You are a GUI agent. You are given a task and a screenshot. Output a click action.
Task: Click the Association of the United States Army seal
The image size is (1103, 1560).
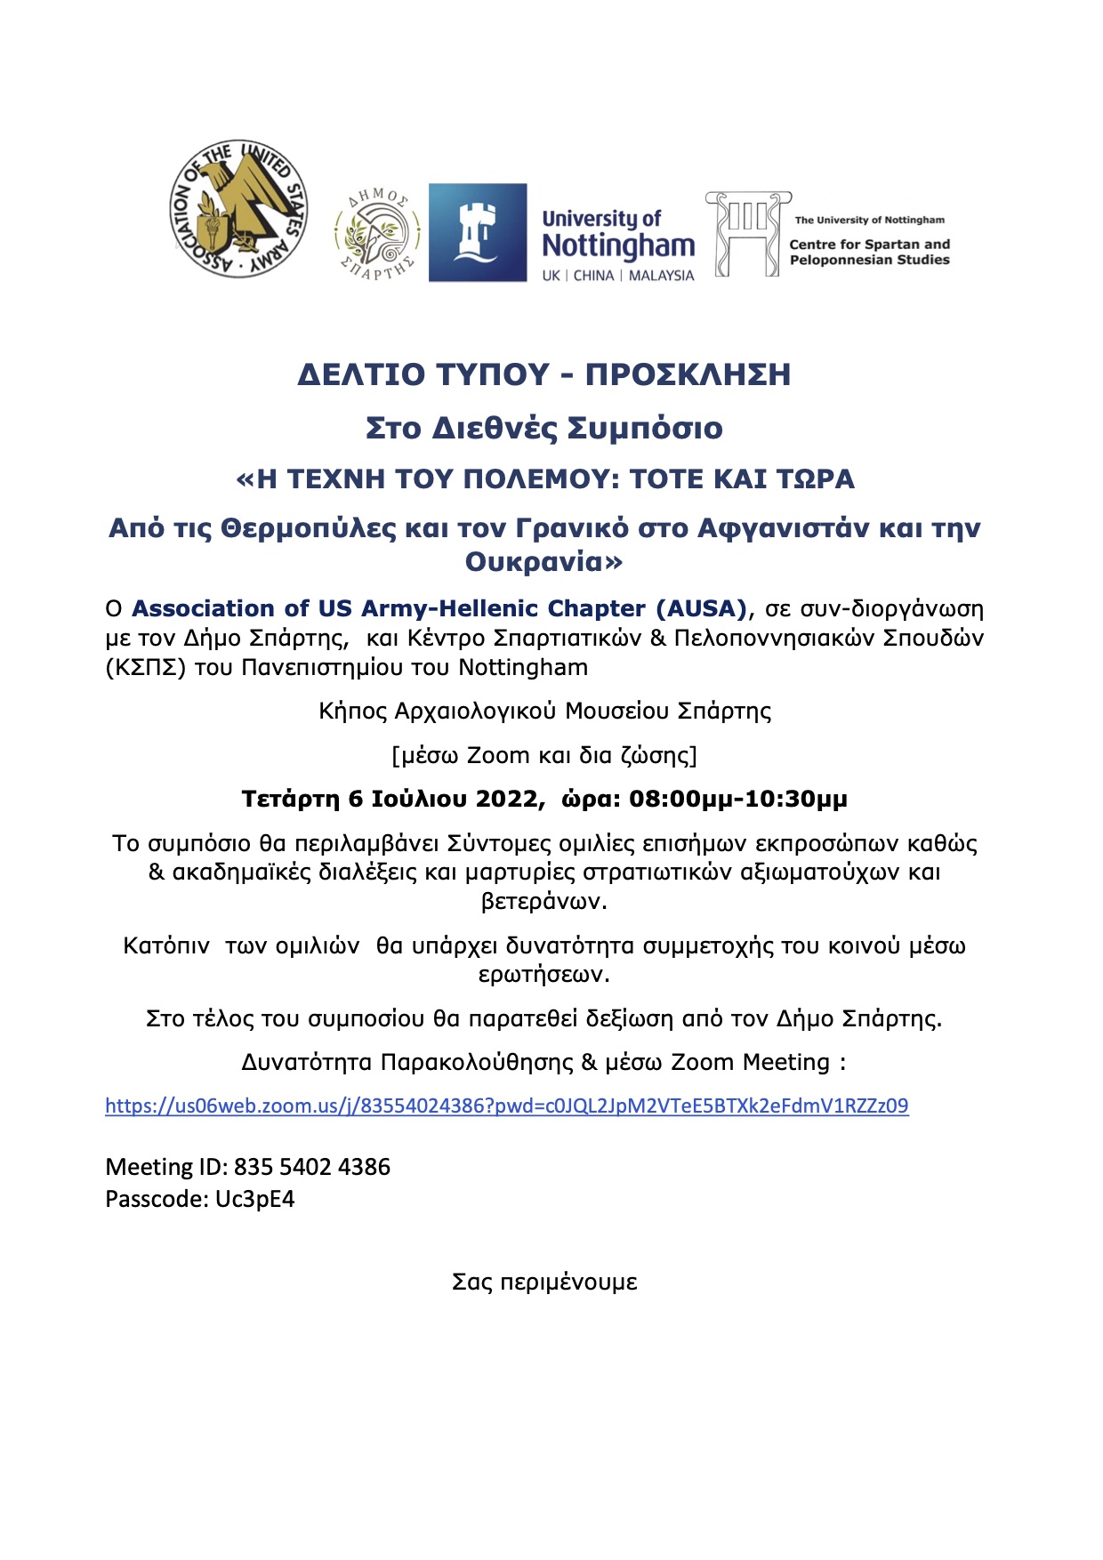(x=238, y=208)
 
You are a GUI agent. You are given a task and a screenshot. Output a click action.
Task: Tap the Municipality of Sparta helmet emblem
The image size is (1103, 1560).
(x=377, y=234)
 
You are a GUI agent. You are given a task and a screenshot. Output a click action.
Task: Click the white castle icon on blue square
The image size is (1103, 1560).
(x=478, y=233)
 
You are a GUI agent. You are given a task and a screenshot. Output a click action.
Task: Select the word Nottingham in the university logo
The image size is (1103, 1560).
(x=618, y=245)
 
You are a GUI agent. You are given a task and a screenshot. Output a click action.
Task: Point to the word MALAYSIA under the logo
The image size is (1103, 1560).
(x=661, y=276)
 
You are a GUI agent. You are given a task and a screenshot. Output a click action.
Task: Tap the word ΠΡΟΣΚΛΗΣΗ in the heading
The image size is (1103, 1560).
(x=688, y=374)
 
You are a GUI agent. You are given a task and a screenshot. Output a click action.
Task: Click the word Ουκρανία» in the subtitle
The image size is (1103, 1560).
(x=543, y=562)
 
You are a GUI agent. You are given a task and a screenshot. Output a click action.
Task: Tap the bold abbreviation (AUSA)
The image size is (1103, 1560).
(x=701, y=608)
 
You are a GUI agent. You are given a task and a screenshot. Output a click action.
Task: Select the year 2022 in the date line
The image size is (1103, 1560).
(x=507, y=799)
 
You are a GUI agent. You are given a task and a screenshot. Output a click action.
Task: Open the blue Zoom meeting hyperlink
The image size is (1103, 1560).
(x=506, y=1106)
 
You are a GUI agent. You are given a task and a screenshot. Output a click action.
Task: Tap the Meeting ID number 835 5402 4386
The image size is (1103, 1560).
(x=311, y=1167)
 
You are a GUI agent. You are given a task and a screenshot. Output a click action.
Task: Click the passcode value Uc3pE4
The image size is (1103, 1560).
(x=254, y=1199)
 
